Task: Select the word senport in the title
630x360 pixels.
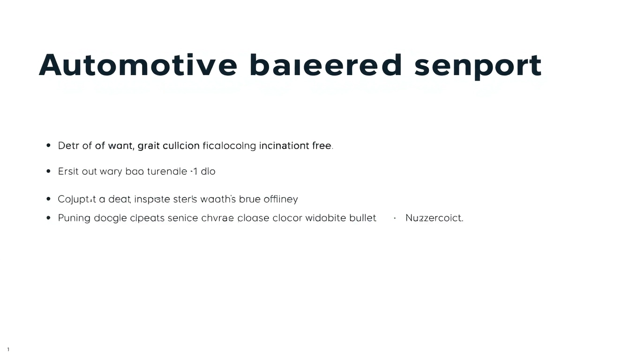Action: [478, 66]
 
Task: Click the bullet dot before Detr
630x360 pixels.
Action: [49, 146]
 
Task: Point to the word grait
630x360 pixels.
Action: [149, 146]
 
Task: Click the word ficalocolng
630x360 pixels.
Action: [229, 146]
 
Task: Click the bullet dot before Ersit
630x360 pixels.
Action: [49, 172]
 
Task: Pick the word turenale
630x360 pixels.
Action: [167, 172]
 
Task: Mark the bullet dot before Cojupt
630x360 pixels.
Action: [49, 199]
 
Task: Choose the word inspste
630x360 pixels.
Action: [152, 200]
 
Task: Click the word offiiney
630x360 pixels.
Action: [281, 200]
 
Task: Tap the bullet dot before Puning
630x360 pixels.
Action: [49, 218]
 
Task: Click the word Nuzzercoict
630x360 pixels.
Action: [434, 218]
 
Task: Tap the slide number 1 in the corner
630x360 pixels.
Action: [8, 350]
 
